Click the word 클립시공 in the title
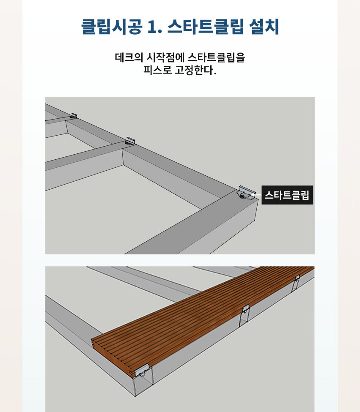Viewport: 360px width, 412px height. [x=112, y=27]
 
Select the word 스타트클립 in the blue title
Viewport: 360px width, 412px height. [x=205, y=27]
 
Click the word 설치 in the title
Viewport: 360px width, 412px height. [x=264, y=27]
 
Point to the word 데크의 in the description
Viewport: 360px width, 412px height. [x=129, y=57]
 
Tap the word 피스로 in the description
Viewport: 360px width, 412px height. [x=157, y=70]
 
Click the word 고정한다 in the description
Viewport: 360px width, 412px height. [x=194, y=70]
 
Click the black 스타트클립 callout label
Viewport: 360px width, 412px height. [x=287, y=195]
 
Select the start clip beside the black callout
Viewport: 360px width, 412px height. [x=246, y=193]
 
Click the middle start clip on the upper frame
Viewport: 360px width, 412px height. [x=131, y=141]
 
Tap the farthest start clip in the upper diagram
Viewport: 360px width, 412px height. [x=74, y=116]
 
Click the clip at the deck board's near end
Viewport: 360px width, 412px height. [x=142, y=371]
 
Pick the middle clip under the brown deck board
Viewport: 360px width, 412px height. [x=246, y=309]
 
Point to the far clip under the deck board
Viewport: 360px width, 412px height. [x=297, y=278]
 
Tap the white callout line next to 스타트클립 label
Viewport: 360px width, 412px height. [x=258, y=195]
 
